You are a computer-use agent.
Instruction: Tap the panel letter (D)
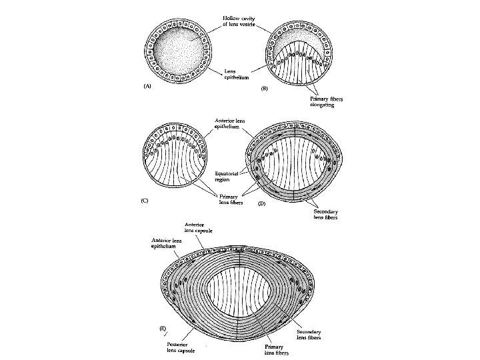tap(262, 203)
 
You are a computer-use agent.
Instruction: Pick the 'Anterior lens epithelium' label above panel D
tap(233, 123)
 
